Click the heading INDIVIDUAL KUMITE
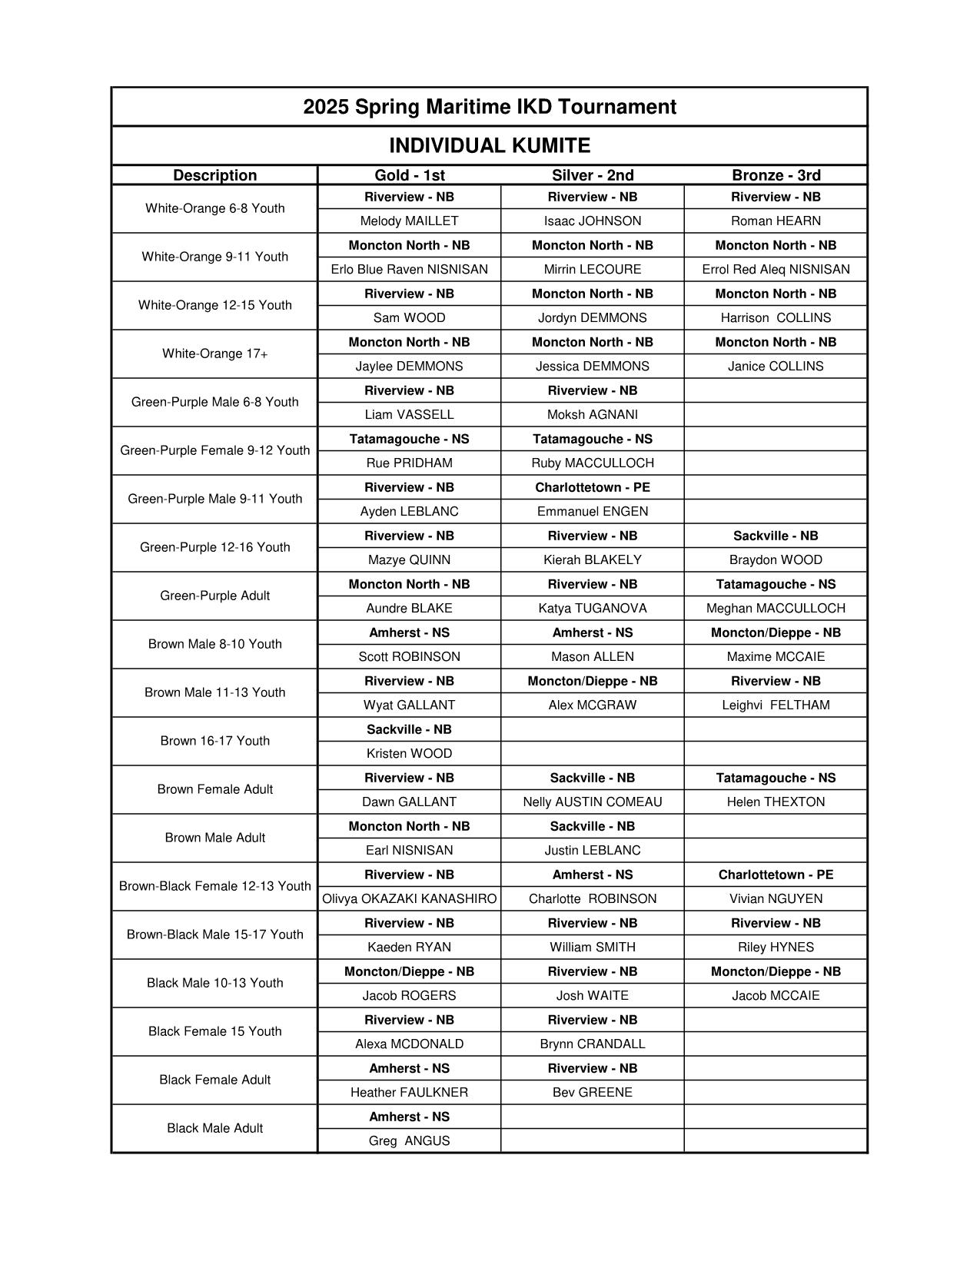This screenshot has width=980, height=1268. pos(490,145)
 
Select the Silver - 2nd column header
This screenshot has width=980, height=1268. pos(593,175)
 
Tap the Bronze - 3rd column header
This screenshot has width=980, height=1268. pos(776,175)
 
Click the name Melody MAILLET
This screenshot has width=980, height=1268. pos(409,221)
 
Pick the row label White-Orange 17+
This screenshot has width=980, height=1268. pos(214,354)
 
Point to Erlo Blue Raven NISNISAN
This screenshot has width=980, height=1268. pos(409,270)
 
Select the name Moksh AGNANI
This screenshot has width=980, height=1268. pos(592,415)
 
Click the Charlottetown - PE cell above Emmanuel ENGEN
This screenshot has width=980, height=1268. pos(592,487)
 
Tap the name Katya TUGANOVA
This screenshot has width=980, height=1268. pos(592,609)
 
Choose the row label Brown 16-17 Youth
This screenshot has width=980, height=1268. pos(214,741)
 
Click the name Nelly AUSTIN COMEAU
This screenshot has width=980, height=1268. pos(592,802)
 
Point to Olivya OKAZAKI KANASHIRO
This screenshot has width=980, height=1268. pos(409,899)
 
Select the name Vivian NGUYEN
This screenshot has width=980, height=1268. pos(776,899)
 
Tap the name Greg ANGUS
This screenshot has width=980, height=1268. pos(409,1141)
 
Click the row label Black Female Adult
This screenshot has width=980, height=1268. pos(214,1080)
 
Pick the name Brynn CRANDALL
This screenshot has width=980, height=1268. pos(592,1044)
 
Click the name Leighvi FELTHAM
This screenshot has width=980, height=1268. pos(776,705)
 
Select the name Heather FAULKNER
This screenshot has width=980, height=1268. pos(409,1093)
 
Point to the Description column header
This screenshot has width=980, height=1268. pos(214,175)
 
